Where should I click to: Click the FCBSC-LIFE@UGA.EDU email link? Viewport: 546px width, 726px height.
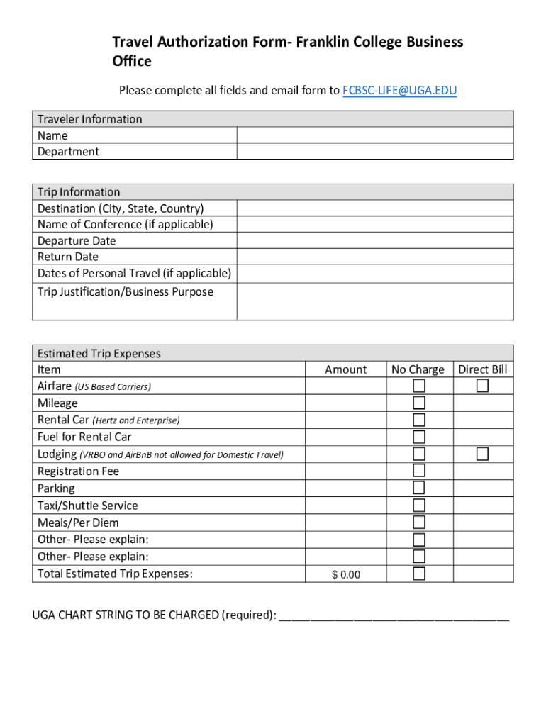pos(399,90)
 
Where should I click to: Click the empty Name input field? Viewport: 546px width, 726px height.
pos(374,135)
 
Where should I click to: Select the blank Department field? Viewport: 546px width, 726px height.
pos(374,151)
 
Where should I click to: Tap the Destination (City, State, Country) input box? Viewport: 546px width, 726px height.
pos(374,208)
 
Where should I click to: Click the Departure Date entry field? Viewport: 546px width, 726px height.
pos(374,241)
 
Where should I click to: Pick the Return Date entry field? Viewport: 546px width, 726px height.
pos(374,257)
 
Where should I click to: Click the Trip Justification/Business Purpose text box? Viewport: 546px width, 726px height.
pos(374,301)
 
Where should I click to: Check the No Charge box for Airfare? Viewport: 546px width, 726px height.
pos(419,386)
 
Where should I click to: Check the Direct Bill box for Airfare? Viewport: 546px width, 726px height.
pos(482,386)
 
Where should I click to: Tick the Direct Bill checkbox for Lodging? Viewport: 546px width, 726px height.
pos(482,454)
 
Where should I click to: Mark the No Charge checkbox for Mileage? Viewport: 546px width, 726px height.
pos(419,403)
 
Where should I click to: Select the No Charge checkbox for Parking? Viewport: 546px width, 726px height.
pos(419,488)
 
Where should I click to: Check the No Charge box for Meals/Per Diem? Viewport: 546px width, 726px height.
pos(419,523)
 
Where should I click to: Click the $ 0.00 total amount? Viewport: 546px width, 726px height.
pos(346,574)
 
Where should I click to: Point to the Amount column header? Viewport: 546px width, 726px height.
pos(346,369)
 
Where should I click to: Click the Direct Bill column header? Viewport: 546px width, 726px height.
pos(483,369)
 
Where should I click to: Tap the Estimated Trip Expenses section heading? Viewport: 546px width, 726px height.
pos(99,353)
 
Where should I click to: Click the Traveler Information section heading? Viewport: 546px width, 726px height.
pos(90,119)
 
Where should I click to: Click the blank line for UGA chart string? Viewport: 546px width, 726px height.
pos(394,615)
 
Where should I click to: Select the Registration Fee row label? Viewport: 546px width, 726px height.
pos(78,471)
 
